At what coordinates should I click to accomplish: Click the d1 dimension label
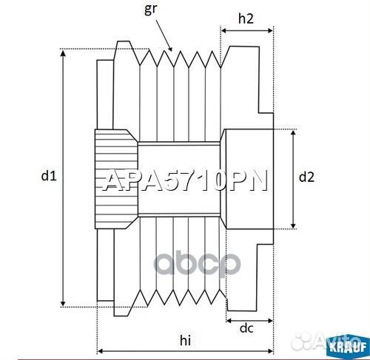click(x=48, y=176)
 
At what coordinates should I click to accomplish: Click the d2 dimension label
click(x=306, y=177)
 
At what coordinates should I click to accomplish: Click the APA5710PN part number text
click(x=184, y=180)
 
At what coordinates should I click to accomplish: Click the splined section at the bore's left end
click(x=115, y=177)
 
